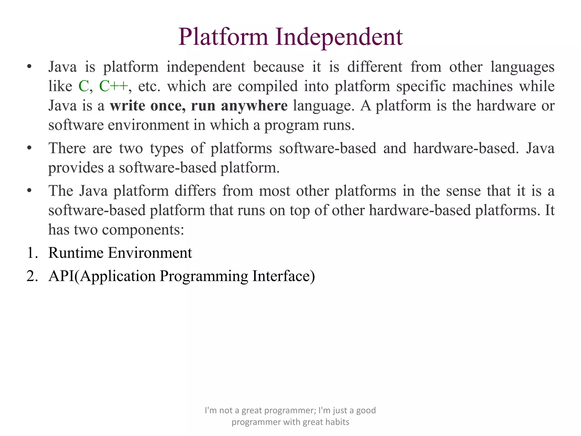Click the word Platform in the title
click(223, 37)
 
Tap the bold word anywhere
click(254, 106)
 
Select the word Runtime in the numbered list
click(76, 253)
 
